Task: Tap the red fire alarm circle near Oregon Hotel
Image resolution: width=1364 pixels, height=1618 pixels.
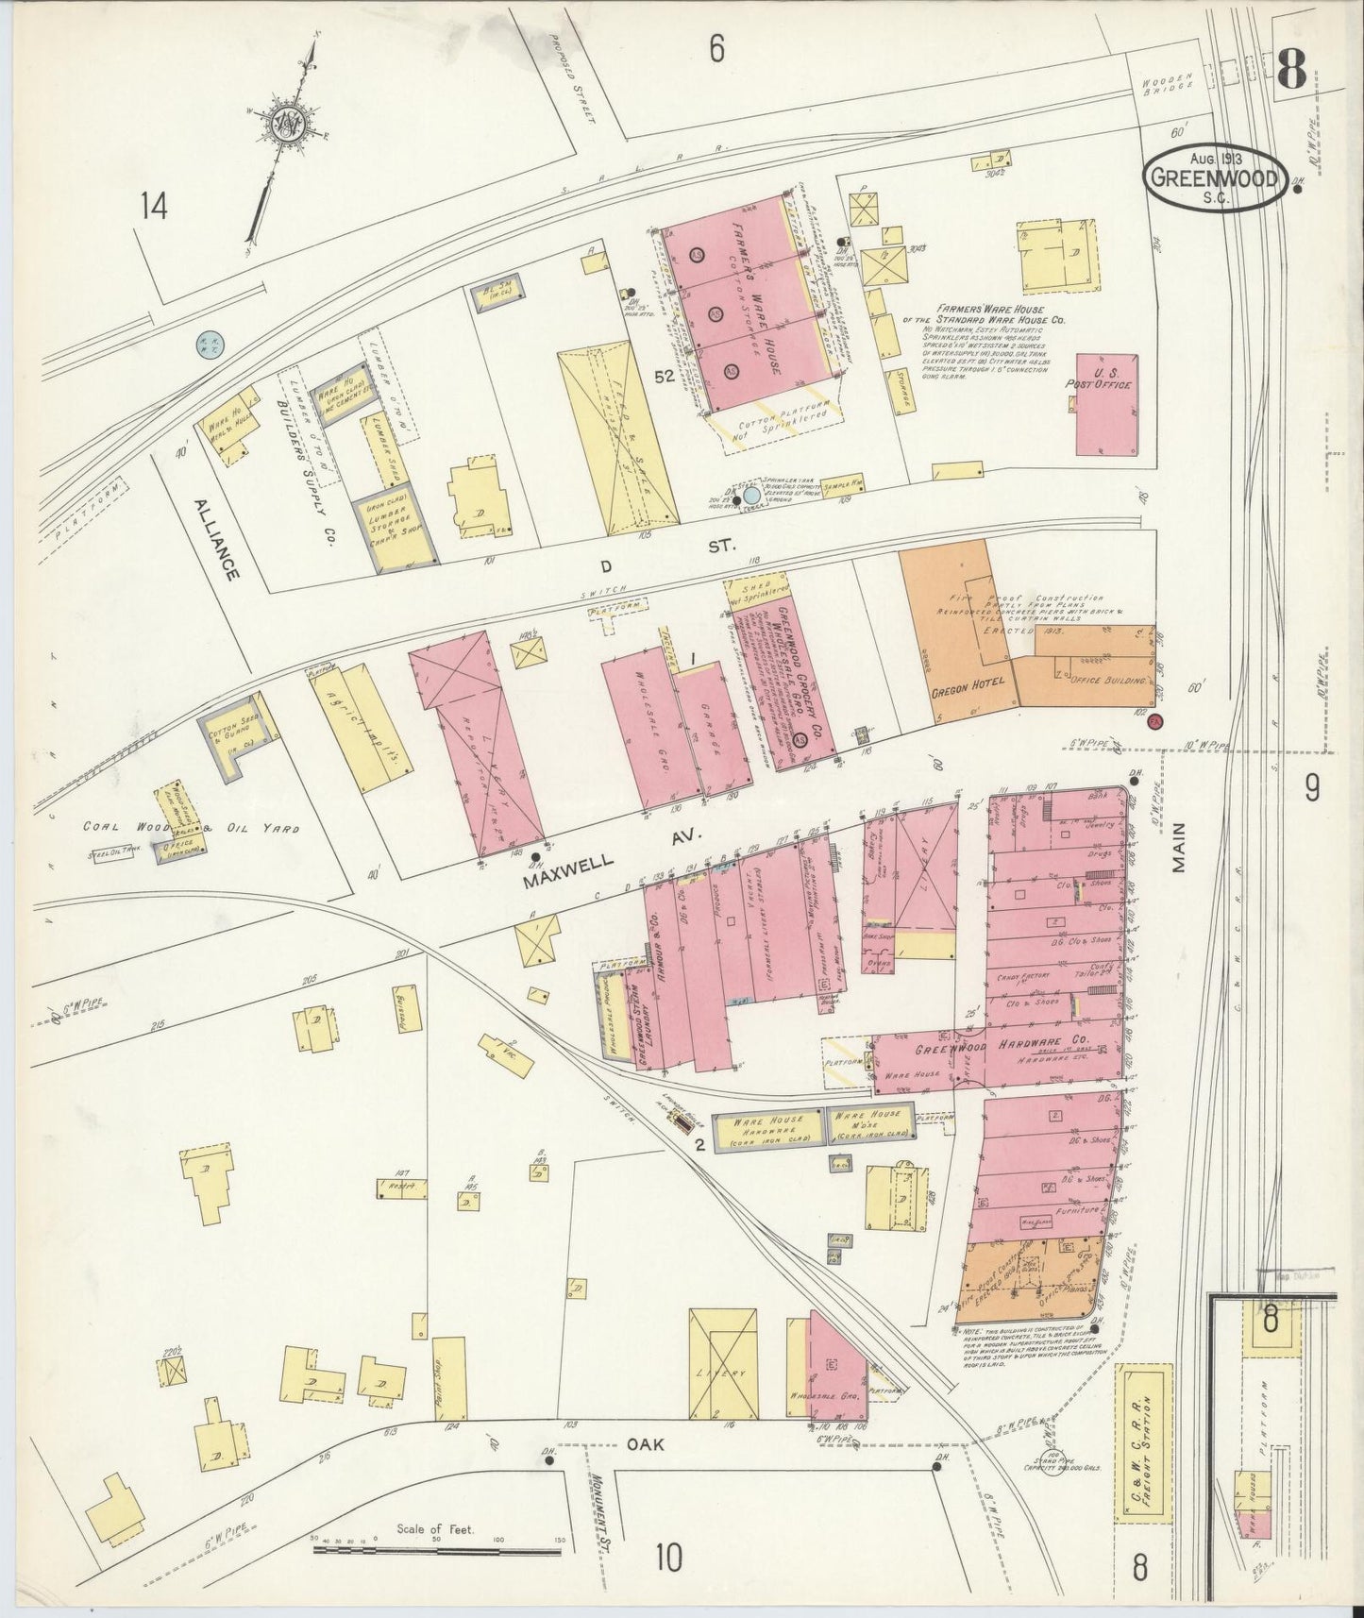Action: coord(1155,721)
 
